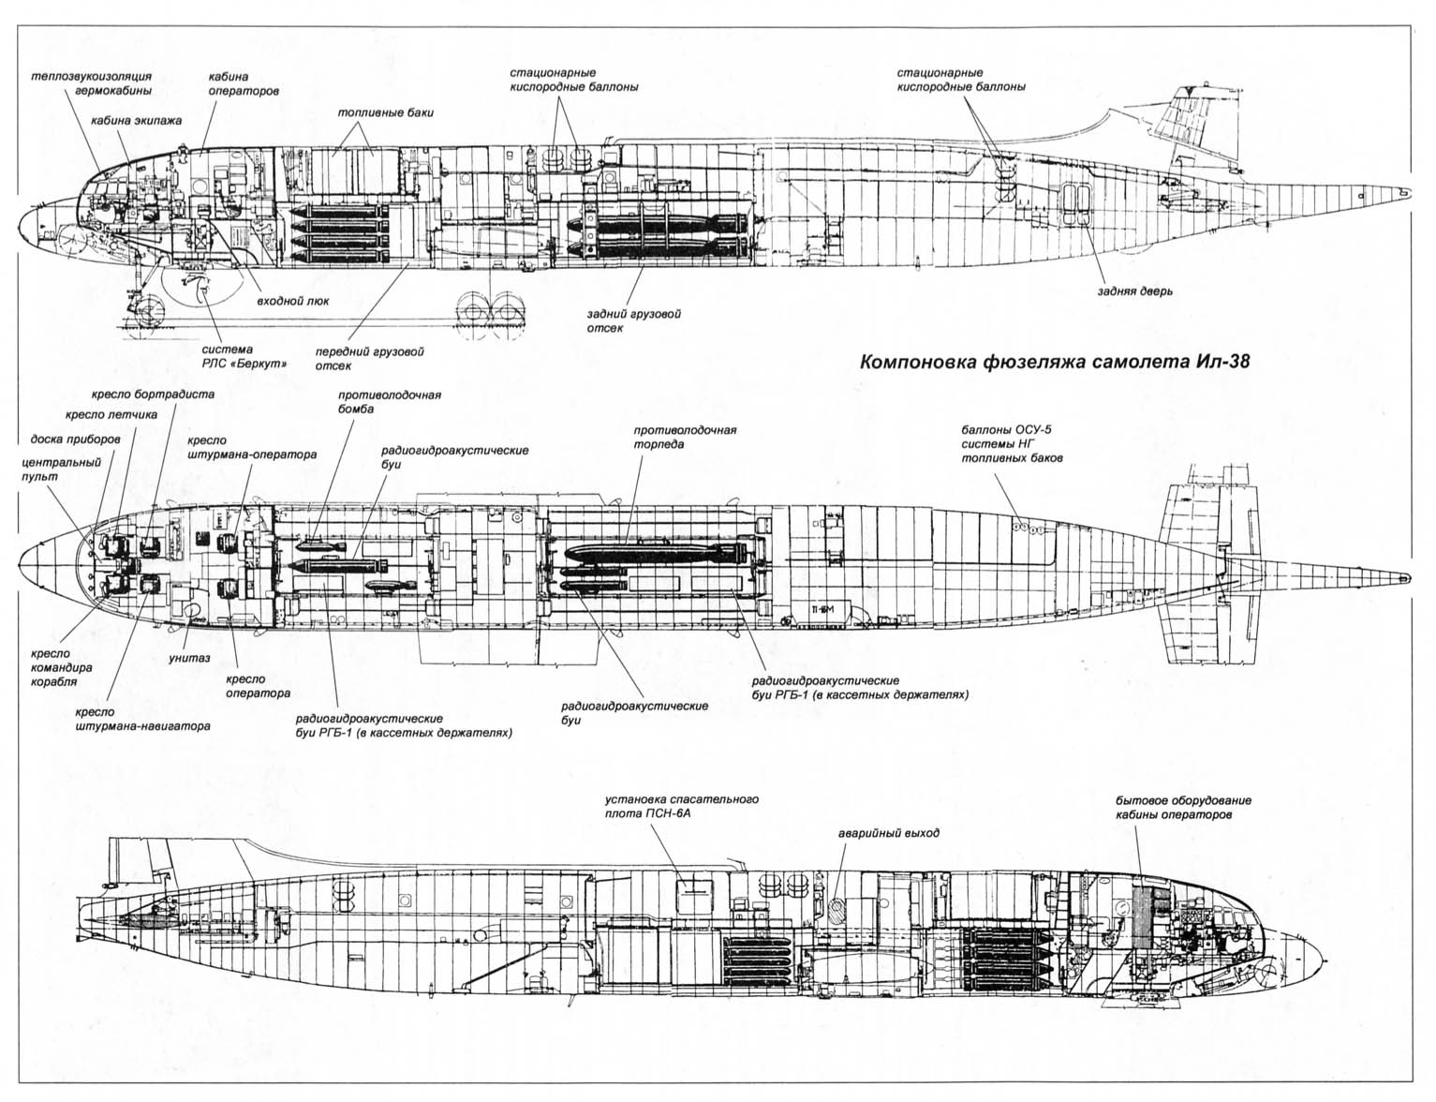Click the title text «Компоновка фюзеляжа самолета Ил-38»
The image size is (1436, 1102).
1055,363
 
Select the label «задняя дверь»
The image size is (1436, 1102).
1135,290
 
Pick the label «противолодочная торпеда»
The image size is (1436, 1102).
685,437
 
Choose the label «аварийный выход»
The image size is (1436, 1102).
888,832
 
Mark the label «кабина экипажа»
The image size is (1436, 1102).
136,121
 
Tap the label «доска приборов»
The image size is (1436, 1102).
75,439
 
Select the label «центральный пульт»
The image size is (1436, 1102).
52,469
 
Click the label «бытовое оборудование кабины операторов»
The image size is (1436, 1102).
1183,808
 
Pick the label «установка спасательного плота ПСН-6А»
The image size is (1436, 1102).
681,806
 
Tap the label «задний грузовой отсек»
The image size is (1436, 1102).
620,320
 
